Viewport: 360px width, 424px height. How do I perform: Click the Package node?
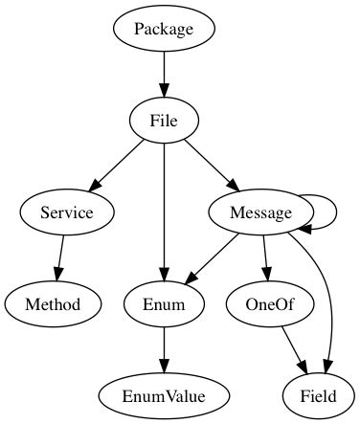tap(164, 29)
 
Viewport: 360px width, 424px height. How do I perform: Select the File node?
tap(164, 121)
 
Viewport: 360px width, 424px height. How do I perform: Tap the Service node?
tap(67, 212)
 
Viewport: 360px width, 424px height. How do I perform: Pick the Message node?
tap(260, 212)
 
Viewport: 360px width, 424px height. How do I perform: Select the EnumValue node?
tap(164, 394)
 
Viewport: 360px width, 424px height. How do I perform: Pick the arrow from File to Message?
tap(211, 165)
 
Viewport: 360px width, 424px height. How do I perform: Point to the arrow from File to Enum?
tap(164, 211)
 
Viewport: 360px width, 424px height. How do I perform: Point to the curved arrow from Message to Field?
tap(326, 297)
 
